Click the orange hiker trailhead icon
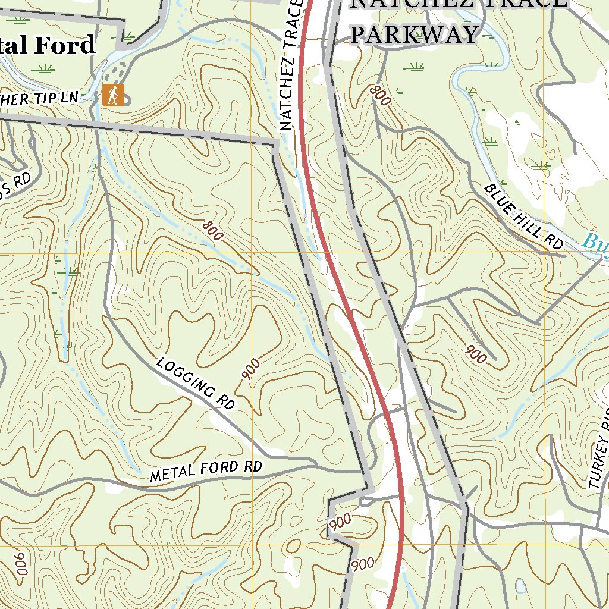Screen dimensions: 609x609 [x=113, y=95]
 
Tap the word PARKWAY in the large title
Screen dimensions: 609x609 [x=414, y=34]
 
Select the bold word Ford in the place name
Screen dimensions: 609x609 [x=67, y=45]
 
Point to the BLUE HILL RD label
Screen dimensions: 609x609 [x=523, y=216]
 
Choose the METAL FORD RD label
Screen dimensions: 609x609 [x=206, y=470]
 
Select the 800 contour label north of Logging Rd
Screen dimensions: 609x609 [x=212, y=231]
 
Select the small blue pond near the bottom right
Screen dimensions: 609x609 [x=521, y=588]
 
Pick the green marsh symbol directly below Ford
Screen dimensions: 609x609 [x=43, y=68]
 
